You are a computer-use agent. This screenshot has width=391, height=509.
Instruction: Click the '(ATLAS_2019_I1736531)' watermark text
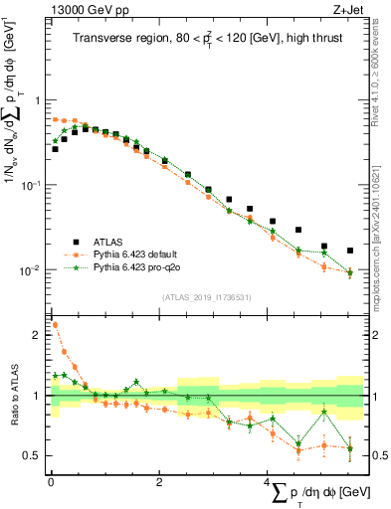[206, 297]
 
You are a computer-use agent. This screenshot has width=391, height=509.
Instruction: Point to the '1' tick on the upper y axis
[37, 100]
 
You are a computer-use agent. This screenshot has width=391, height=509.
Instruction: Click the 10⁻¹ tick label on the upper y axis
[32, 185]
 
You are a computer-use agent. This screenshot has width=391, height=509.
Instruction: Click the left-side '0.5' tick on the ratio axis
[33, 456]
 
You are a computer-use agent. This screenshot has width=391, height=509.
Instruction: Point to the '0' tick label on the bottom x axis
[51, 482]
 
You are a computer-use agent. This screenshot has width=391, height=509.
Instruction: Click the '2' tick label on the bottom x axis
[159, 482]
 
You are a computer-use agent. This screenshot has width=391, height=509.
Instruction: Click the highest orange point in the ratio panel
[54, 324]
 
